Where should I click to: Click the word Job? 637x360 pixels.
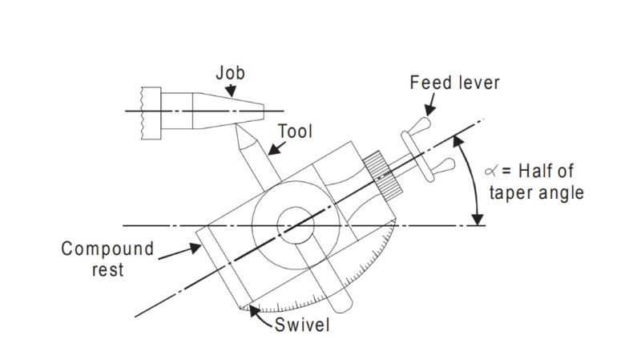coord(230,73)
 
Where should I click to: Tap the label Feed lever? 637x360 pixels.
coord(454,83)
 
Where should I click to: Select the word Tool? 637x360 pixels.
coord(296,131)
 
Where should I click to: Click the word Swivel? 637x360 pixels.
coord(302,325)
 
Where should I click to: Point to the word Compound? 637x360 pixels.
coord(107,249)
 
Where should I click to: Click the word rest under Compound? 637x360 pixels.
coord(107,269)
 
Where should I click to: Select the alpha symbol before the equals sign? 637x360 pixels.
coord(490,171)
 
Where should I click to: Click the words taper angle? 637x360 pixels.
coord(536,192)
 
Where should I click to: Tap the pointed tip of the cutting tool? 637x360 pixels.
coord(236,126)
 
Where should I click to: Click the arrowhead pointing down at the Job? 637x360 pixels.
coord(231,91)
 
